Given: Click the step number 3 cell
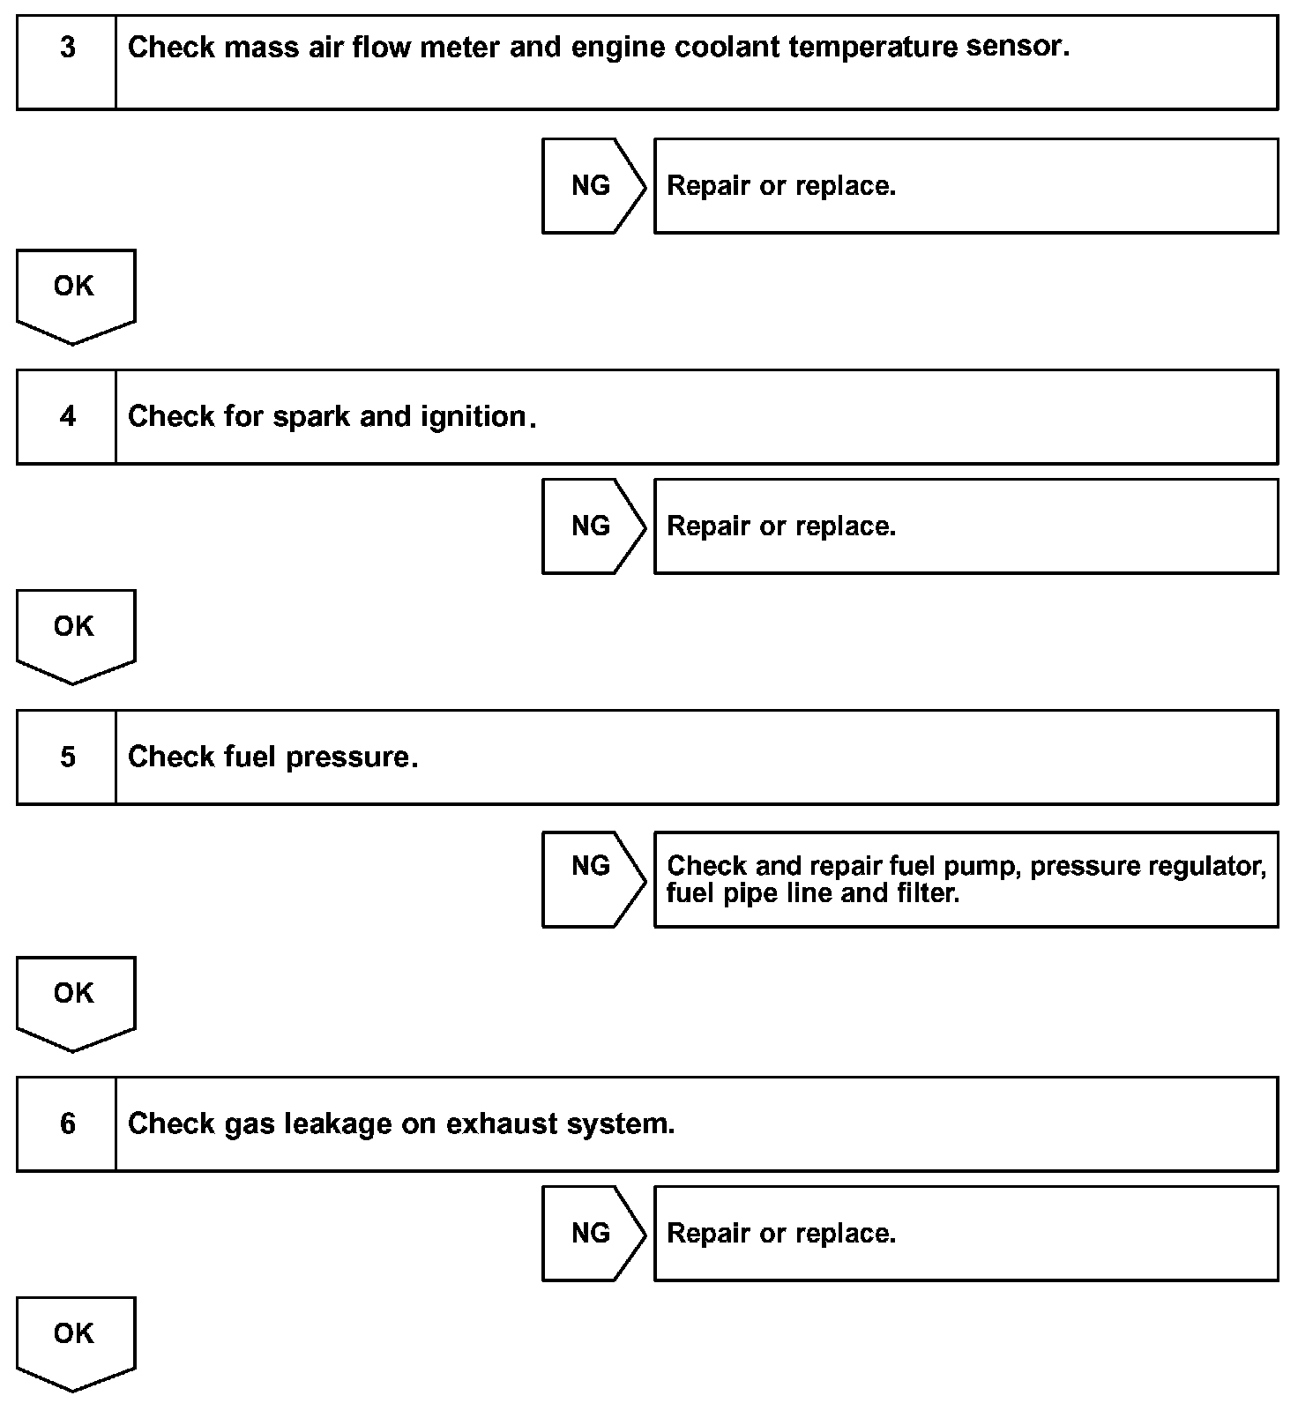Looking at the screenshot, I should pos(67,62).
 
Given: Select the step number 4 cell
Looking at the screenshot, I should pos(67,417).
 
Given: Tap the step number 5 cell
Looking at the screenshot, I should pos(67,758).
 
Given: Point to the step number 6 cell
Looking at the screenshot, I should pos(67,1123).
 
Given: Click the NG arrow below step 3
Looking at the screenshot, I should pos(592,186).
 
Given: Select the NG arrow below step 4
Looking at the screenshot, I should pos(592,526).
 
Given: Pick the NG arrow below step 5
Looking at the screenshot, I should pos(592,879).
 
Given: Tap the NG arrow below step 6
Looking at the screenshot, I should pos(592,1233).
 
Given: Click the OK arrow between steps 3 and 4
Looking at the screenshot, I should pos(75,294).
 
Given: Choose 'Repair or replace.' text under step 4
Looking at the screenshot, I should pos(781,526).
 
